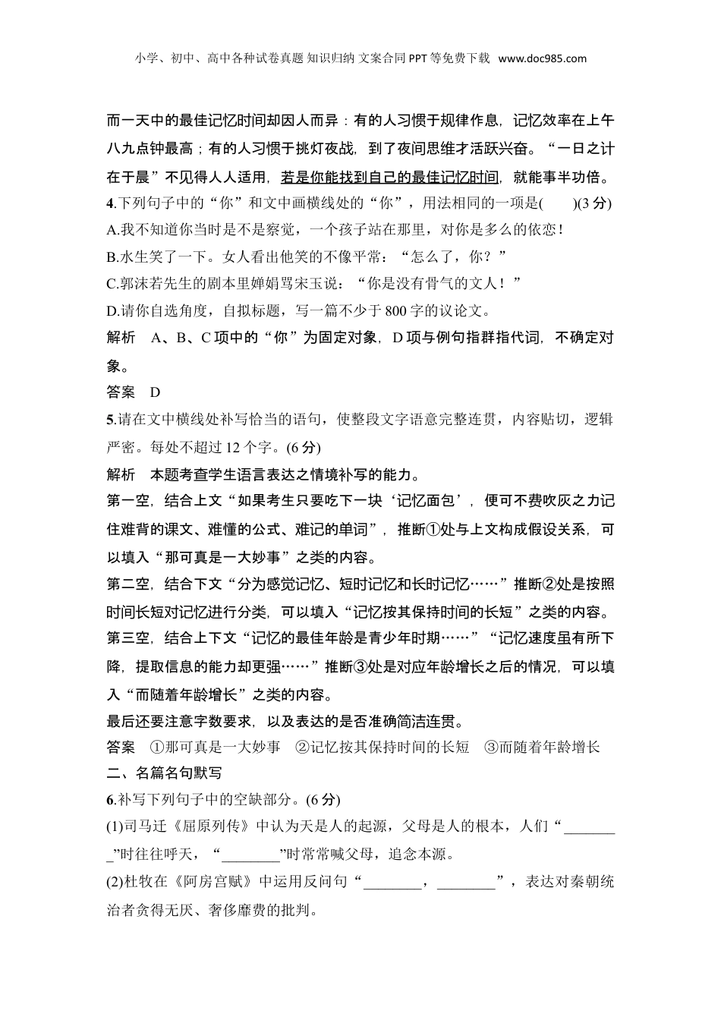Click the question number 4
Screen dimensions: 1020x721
[110, 203]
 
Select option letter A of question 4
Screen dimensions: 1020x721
[112, 229]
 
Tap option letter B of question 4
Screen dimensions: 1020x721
[112, 256]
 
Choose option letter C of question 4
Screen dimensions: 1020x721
[112, 283]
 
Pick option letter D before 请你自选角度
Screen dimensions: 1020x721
[112, 310]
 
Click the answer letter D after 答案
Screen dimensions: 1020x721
[156, 392]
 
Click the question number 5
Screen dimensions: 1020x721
[110, 420]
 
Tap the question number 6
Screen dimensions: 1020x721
[110, 800]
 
